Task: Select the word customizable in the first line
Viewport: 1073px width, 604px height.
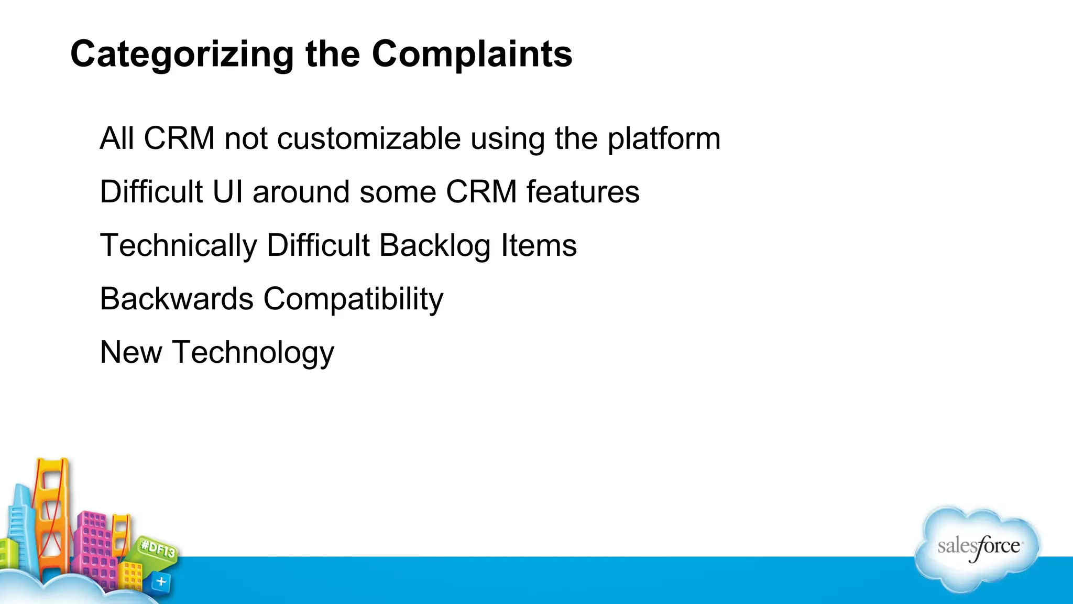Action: pyautogui.click(x=369, y=139)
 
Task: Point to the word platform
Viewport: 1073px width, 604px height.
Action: pyautogui.click(x=664, y=139)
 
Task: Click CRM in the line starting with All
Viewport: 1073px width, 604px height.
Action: pyautogui.click(x=179, y=139)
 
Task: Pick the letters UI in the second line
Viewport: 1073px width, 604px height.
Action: pyautogui.click(x=227, y=192)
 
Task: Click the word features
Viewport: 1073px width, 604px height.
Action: pyautogui.click(x=583, y=192)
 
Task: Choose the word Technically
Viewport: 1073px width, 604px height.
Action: pyautogui.click(x=178, y=245)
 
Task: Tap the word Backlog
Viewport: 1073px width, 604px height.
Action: pyautogui.click(x=435, y=245)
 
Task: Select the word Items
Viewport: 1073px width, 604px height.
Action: pyautogui.click(x=539, y=245)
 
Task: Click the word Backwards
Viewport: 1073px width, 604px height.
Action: pyautogui.click(x=177, y=299)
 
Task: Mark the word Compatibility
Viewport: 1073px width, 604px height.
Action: pyautogui.click(x=353, y=299)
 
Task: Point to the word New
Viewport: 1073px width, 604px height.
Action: pyautogui.click(x=131, y=352)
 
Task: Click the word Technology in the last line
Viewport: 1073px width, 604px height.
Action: pyautogui.click(x=253, y=352)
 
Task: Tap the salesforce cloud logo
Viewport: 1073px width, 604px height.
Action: pyautogui.click(x=978, y=548)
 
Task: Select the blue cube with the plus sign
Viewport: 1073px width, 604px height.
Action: pyautogui.click(x=161, y=581)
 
